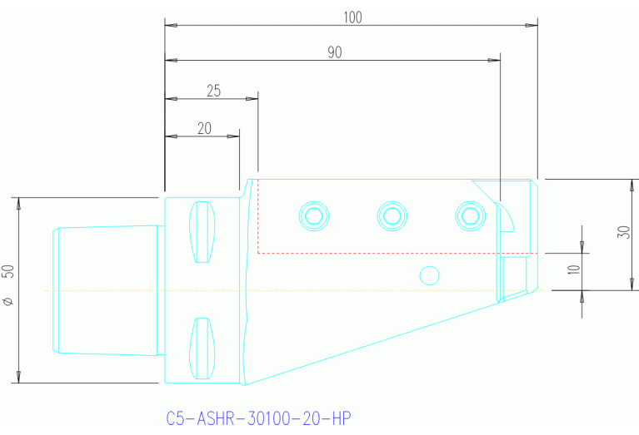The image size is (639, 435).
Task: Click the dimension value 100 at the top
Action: [x=352, y=17]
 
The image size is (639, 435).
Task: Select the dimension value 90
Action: [x=334, y=52]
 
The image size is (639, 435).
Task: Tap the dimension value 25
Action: [x=213, y=91]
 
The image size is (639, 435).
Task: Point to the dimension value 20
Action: [x=204, y=128]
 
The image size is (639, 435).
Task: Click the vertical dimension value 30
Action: [x=622, y=231]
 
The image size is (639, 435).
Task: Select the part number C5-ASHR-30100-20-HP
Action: [x=259, y=418]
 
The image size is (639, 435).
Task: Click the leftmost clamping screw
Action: [x=313, y=216]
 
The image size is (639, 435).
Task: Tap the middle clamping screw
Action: [x=392, y=216]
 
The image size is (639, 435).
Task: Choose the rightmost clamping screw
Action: [x=470, y=216]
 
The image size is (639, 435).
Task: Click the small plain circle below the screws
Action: [x=429, y=274]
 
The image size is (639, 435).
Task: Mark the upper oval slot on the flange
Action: [x=202, y=232]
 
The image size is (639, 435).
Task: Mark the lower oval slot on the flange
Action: [x=202, y=347]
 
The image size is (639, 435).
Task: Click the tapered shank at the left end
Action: [x=106, y=290]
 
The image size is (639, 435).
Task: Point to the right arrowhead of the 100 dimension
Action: [x=532, y=26]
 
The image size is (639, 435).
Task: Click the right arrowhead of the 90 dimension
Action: [x=494, y=61]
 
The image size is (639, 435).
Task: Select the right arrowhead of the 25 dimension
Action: [x=252, y=99]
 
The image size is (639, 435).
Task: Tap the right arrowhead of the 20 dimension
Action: [x=234, y=136]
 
